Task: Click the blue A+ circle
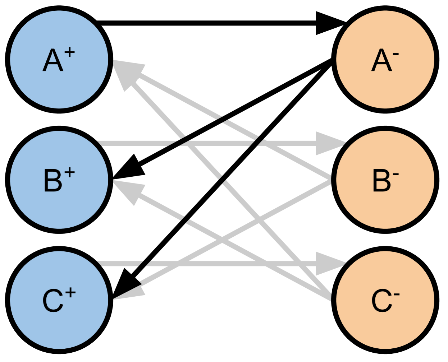pyautogui.click(x=59, y=59)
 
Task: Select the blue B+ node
pyautogui.click(x=59, y=180)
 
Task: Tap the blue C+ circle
pyautogui.click(x=59, y=300)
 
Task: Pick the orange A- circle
pyautogui.click(x=385, y=59)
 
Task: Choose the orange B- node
pyautogui.click(x=385, y=180)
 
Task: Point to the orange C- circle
pyautogui.click(x=385, y=300)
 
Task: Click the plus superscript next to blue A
pyautogui.click(x=70, y=53)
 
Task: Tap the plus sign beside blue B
pyautogui.click(x=70, y=173)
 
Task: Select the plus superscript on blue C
pyautogui.click(x=70, y=293)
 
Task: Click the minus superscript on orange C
pyautogui.click(x=397, y=295)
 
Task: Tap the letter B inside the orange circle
pyautogui.click(x=381, y=181)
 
